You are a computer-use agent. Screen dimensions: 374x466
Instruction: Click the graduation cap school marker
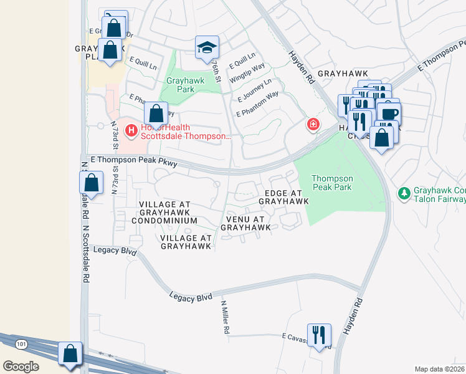pos(207,47)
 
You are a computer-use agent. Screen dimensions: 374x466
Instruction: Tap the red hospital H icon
pos(131,130)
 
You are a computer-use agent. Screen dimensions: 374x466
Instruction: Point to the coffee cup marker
pos(390,115)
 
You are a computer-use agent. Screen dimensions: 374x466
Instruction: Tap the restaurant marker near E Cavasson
pos(319,335)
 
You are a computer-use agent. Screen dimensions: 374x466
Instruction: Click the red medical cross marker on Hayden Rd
pos(313,125)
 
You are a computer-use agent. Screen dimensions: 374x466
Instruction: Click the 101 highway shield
pos(22,344)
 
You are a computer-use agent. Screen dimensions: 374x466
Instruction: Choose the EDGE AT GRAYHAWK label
pos(283,198)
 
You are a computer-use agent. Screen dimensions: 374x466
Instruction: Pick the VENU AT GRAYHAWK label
pos(248,224)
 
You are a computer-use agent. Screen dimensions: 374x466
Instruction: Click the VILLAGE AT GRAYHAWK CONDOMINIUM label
pos(168,213)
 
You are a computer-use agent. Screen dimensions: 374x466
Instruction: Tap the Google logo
pos(21,366)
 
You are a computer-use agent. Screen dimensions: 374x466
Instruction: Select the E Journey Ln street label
pos(255,90)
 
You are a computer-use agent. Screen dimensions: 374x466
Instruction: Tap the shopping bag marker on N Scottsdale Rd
pos(91,183)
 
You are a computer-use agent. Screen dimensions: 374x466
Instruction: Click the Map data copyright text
pos(439,369)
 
